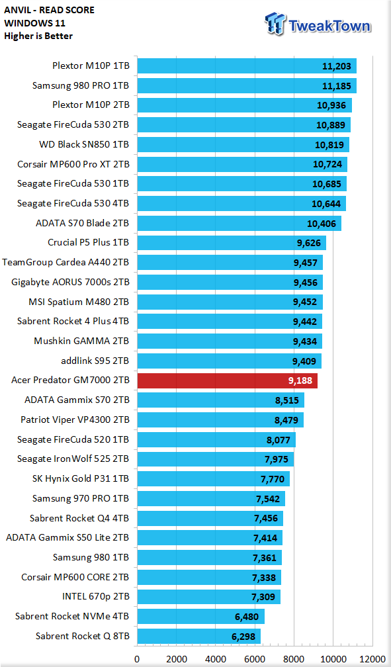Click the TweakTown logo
click(x=318, y=24)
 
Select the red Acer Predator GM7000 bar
click(x=227, y=380)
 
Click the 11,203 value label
click(x=337, y=66)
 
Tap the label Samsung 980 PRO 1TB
click(x=81, y=85)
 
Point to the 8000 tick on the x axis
click(x=294, y=659)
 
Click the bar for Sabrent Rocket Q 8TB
click(x=198, y=637)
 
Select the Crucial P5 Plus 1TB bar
click(x=232, y=243)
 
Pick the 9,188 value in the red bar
click(x=300, y=380)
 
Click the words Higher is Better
click(x=38, y=36)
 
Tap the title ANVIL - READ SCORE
click(x=50, y=10)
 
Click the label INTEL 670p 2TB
click(x=95, y=597)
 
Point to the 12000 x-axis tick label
click(x=372, y=659)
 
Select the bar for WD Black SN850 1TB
click(x=243, y=145)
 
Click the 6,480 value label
click(x=247, y=617)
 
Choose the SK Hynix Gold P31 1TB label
click(x=81, y=478)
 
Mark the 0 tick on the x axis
click(x=137, y=659)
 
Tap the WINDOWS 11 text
click(x=34, y=23)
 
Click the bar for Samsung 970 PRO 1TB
click(x=211, y=498)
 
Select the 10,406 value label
click(x=322, y=224)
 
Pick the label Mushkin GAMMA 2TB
click(x=81, y=341)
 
